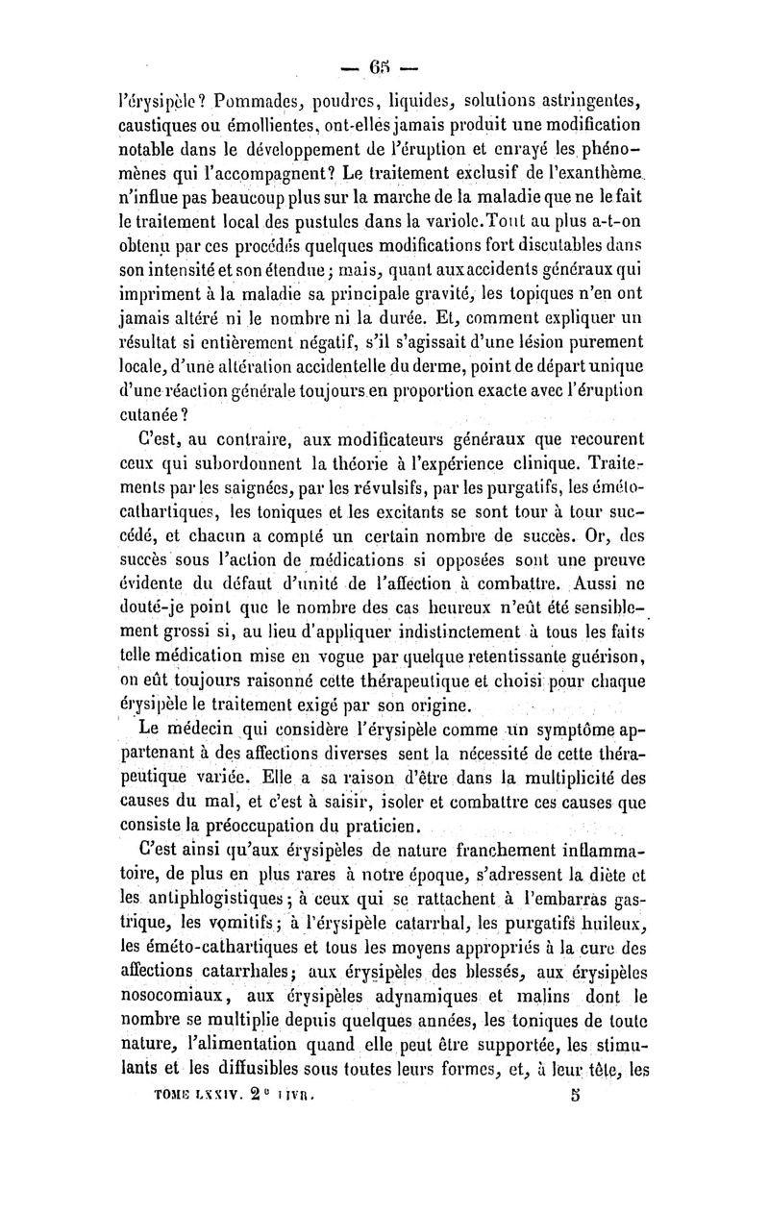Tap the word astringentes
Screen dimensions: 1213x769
587,99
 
